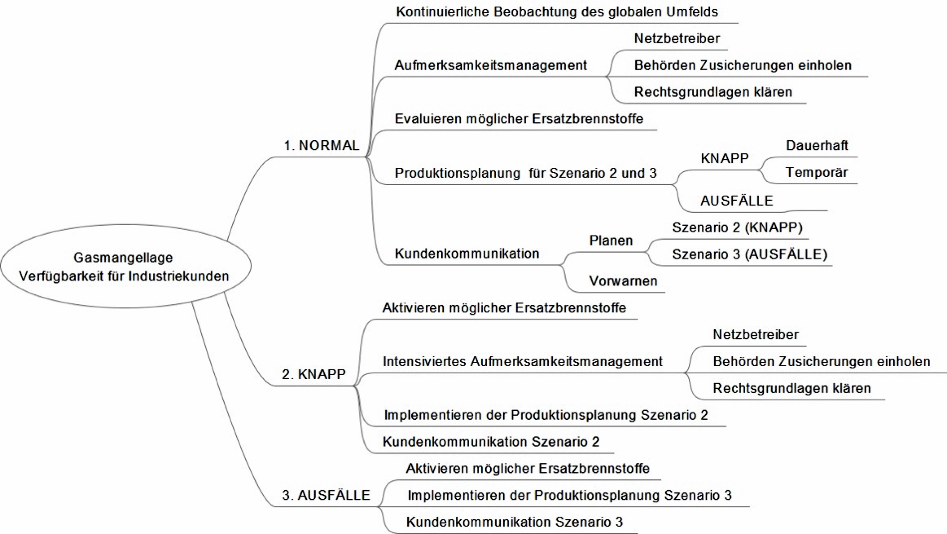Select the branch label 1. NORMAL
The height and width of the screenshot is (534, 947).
pos(321,146)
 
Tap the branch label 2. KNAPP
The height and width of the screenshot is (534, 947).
pos(314,374)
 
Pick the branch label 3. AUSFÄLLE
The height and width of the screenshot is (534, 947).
pos(326,495)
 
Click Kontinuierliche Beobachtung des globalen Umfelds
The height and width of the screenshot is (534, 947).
pos(557,12)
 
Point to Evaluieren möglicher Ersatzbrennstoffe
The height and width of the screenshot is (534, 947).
pos(519,119)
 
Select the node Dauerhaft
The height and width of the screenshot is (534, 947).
pos(817,146)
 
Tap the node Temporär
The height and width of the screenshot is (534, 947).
pos(817,172)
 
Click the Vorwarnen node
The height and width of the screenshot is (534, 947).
pos(623,281)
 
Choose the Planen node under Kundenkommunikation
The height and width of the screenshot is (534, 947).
pos(611,241)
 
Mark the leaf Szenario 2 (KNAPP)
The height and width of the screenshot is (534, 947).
pos(737,228)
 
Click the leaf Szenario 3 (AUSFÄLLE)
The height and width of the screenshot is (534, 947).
pos(750,255)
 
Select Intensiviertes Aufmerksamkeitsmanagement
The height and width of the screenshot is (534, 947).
pos(523,361)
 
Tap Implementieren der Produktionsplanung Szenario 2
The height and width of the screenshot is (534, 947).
pos(546,415)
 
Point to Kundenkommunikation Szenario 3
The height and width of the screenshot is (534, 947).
pos(514,522)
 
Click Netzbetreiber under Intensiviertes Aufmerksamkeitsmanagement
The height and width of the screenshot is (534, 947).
pos(755,335)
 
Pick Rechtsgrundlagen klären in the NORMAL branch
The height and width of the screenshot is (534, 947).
pos(713,92)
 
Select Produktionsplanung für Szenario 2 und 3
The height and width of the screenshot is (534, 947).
pos(525,173)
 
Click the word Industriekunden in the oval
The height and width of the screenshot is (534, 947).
pos(179,276)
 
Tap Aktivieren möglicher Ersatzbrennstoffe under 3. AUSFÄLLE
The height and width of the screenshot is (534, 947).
pos(527,469)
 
